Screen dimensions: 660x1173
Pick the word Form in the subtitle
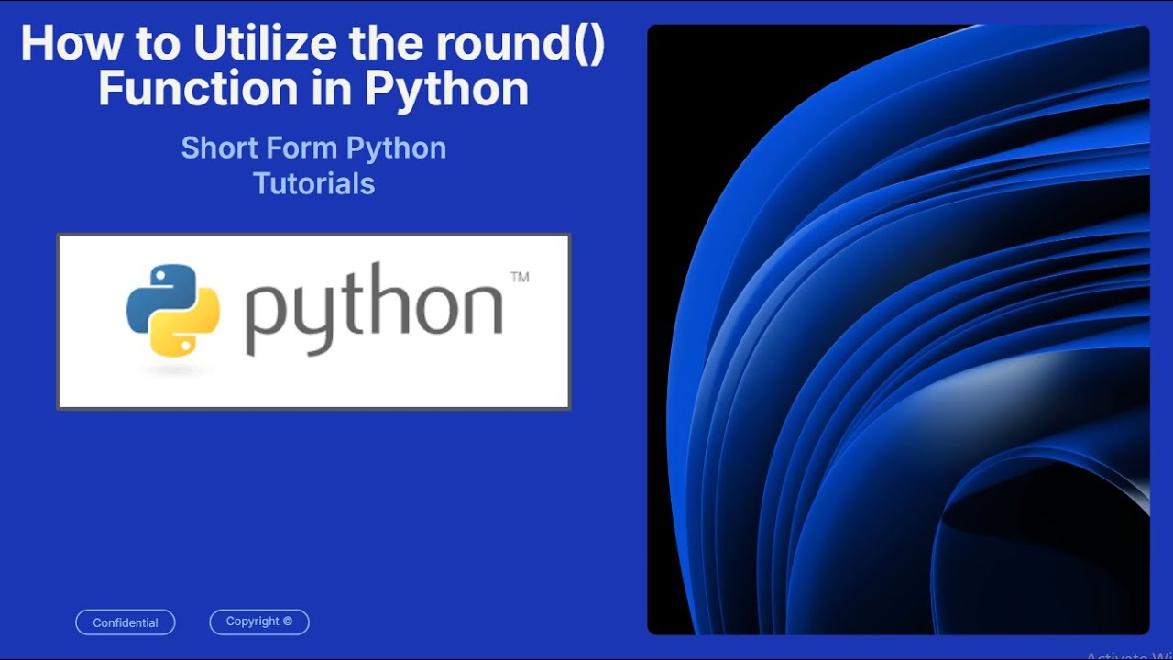click(x=296, y=148)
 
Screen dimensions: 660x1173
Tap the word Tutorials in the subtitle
click(x=313, y=183)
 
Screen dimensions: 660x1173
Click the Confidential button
click(x=126, y=622)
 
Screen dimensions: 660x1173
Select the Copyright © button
click(x=259, y=621)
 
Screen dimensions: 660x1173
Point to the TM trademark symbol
click(x=519, y=277)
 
